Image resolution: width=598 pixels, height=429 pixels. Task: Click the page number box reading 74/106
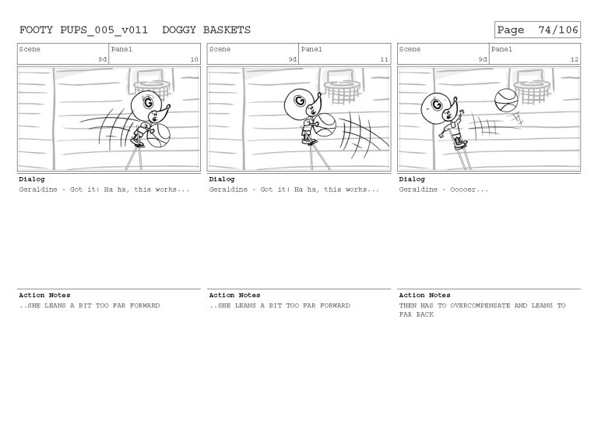point(537,30)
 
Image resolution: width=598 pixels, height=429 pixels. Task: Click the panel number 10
point(194,59)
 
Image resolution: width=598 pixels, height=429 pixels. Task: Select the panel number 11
point(384,59)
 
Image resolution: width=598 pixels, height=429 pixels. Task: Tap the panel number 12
point(574,59)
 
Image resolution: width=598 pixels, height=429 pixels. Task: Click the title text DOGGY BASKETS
point(206,30)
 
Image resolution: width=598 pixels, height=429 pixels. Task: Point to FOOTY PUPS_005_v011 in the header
point(83,30)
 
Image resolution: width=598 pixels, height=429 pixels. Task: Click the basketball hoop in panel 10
point(153,90)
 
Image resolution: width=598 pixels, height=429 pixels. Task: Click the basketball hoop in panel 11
point(343,90)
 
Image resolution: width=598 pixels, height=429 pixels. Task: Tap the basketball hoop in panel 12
point(533,90)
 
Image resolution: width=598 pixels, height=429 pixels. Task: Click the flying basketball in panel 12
point(506,100)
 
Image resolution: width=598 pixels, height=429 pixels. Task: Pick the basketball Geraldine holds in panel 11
point(324,126)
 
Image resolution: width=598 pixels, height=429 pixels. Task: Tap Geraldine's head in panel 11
point(298,101)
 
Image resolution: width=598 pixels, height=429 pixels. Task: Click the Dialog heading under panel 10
point(32,179)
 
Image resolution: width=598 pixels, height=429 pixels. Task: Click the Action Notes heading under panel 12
point(424,296)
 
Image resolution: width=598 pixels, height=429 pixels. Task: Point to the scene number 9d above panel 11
point(292,59)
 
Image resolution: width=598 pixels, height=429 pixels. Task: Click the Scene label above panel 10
point(30,49)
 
